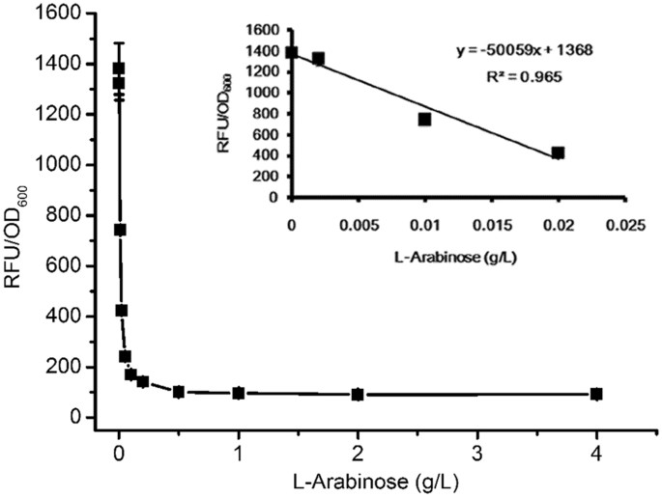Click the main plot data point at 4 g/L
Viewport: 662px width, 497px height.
tap(596, 394)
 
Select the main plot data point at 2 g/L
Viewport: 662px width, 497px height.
tap(358, 394)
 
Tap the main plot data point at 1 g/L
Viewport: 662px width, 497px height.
tap(238, 393)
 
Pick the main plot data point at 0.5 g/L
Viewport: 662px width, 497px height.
tap(179, 392)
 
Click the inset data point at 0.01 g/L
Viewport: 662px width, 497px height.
tap(424, 120)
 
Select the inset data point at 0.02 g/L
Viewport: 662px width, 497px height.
tap(558, 152)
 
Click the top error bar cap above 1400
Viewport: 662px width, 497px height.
tap(119, 42)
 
